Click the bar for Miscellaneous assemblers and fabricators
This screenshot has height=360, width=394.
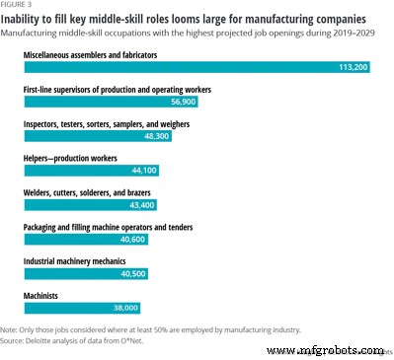197,68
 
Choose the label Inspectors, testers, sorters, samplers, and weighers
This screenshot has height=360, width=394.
115,122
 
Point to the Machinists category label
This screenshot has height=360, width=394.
43,294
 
